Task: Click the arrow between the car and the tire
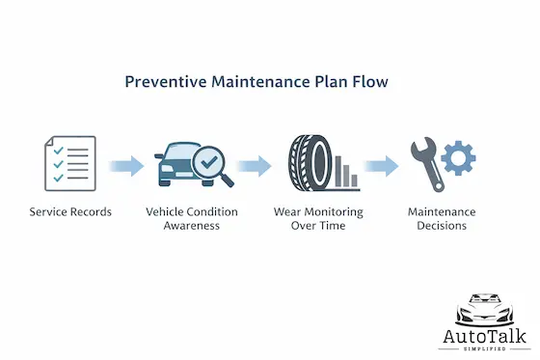pyautogui.click(x=255, y=166)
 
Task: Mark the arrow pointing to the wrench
pyautogui.click(x=382, y=166)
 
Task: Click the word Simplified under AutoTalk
pyautogui.click(x=486, y=350)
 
